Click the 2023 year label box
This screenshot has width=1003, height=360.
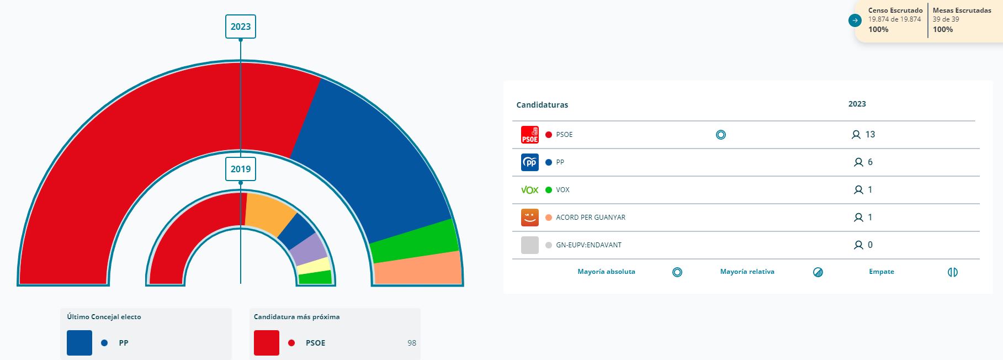click(x=241, y=27)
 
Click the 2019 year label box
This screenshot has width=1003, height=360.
click(x=241, y=169)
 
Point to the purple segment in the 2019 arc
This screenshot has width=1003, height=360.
click(x=308, y=249)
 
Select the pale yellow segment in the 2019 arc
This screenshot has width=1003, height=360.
click(x=314, y=266)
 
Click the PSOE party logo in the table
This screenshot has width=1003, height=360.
click(x=529, y=135)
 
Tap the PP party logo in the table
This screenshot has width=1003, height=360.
click(x=529, y=162)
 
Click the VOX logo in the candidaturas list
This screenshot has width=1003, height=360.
click(x=529, y=190)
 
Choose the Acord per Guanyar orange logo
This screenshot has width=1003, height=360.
click(x=529, y=218)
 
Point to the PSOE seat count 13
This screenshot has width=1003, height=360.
click(x=870, y=135)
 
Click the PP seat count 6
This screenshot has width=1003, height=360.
click(x=870, y=162)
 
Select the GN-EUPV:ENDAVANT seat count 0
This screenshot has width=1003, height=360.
click(x=870, y=245)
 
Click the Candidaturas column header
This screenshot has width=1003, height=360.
click(x=542, y=105)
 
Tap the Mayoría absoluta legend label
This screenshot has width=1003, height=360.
click(x=606, y=272)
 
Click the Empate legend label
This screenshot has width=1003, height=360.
click(x=881, y=272)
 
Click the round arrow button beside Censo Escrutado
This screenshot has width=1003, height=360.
click(x=855, y=21)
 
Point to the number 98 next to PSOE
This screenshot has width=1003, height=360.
click(x=412, y=343)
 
